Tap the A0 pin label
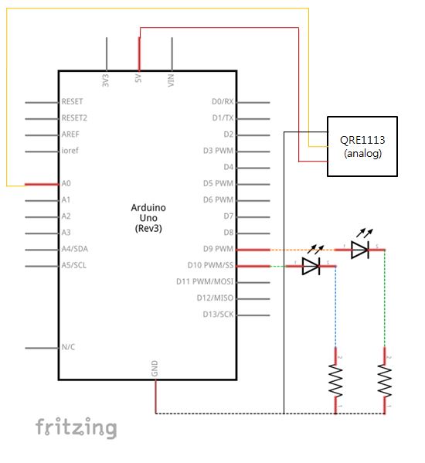[x=66, y=184]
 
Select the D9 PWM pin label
[x=218, y=249]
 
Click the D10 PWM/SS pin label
[x=210, y=265]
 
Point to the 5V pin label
[x=138, y=79]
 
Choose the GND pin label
[x=155, y=368]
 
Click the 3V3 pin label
[x=105, y=80]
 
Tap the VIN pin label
[x=171, y=80]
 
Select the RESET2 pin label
[x=74, y=118]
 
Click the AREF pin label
[x=70, y=134]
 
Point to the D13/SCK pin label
[x=218, y=314]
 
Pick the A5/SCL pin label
[x=74, y=265]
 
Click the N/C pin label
[x=68, y=347]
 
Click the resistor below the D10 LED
[x=335, y=380]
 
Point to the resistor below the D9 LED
[x=385, y=380]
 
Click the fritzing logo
[x=76, y=428]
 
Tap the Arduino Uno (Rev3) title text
[x=148, y=218]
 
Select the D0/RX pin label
[x=223, y=101]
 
